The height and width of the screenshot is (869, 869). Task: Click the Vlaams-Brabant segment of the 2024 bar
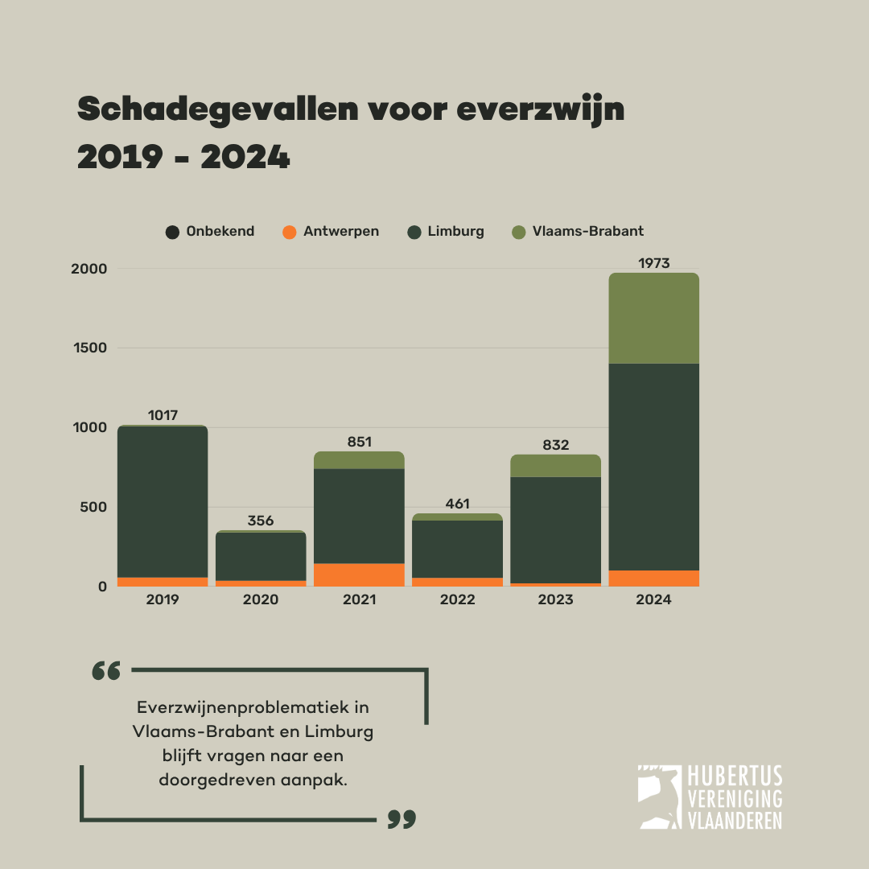tap(653, 319)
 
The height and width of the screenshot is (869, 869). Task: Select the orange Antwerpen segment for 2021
tap(359, 575)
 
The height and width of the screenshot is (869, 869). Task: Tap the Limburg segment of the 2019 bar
tap(163, 501)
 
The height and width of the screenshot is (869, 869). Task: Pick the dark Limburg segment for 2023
tap(555, 529)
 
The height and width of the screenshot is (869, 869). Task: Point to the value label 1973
tap(653, 263)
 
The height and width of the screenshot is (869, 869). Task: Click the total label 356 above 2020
tap(261, 521)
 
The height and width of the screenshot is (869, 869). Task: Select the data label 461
tap(457, 505)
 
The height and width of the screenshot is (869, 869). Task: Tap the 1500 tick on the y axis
tap(89, 348)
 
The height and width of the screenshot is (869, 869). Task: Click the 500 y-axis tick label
tap(93, 507)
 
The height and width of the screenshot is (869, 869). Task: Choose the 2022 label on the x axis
tap(457, 600)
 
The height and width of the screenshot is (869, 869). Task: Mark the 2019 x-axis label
tap(163, 600)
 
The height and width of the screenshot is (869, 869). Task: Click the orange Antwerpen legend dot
tap(290, 232)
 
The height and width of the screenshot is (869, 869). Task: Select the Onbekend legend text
tap(220, 231)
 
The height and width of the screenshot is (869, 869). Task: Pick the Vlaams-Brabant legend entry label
tap(587, 231)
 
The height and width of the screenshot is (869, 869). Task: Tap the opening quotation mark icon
tap(106, 670)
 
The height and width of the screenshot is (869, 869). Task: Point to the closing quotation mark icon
tap(402, 819)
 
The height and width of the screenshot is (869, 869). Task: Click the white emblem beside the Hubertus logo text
tap(658, 797)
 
